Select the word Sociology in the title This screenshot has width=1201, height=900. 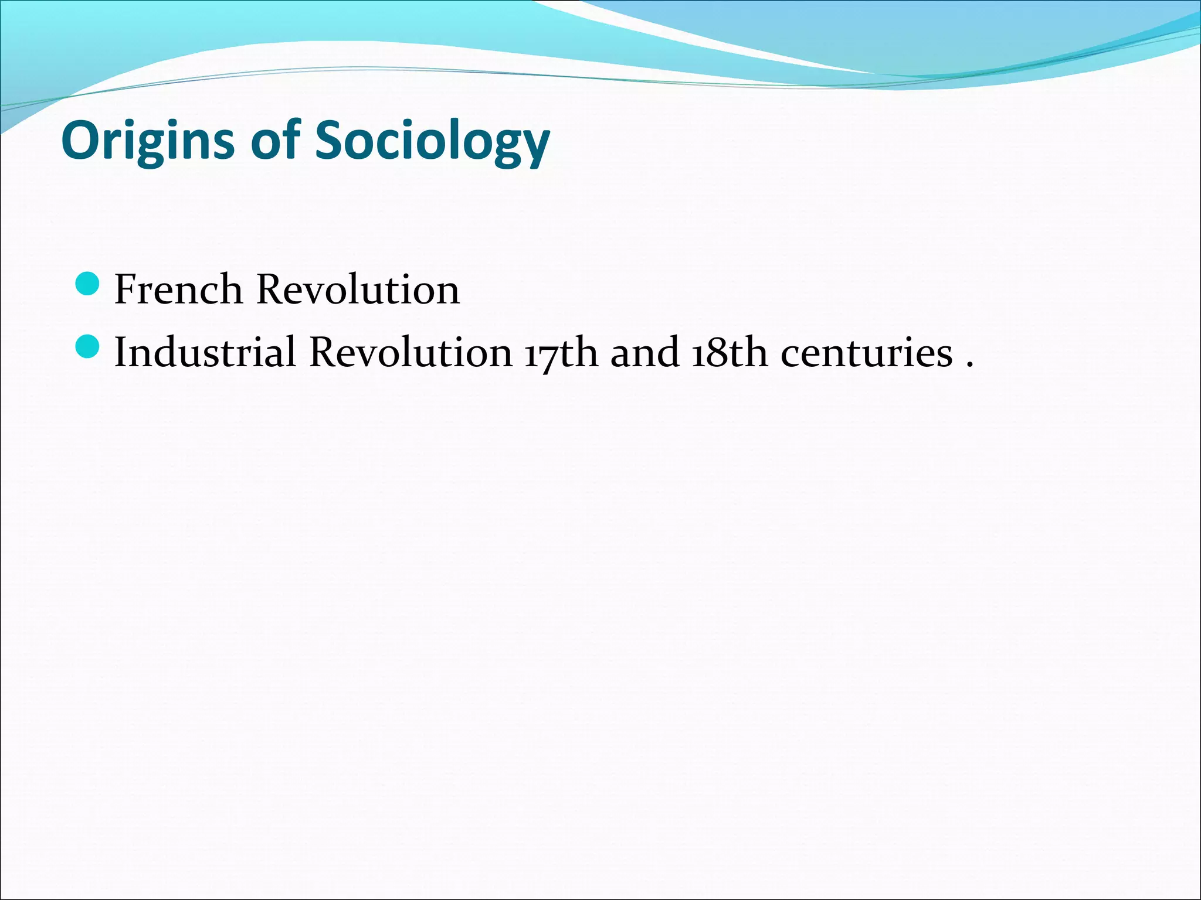pyautogui.click(x=432, y=141)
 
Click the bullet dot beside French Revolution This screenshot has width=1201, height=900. pyautogui.click(x=88, y=284)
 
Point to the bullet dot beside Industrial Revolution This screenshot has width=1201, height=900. pyautogui.click(x=88, y=346)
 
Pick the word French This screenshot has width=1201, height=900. pyautogui.click(x=178, y=289)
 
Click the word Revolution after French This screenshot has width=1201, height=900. pyautogui.click(x=358, y=289)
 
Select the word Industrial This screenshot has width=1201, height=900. pyautogui.click(x=205, y=352)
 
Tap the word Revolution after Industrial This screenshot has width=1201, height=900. pyautogui.click(x=410, y=352)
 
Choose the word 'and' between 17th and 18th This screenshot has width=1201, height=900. pyautogui.click(x=644, y=352)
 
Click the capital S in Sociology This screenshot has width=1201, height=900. pyautogui.click(x=330, y=140)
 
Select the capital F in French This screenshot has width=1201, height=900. pyautogui.click(x=127, y=289)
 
